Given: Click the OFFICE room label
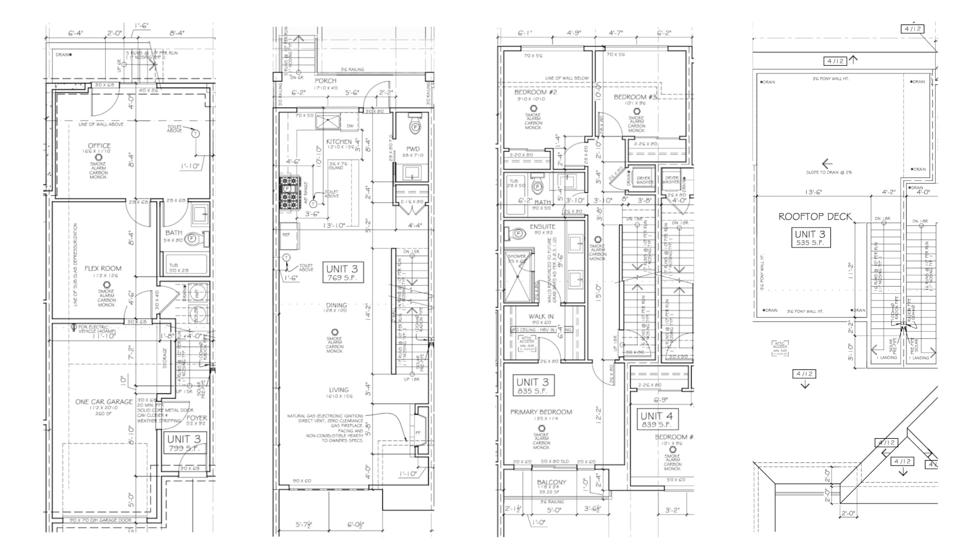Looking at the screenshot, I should pos(99,145).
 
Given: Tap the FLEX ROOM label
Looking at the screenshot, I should pos(103,268).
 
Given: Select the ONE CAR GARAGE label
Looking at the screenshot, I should pos(104,402).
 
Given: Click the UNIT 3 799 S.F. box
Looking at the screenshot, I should pos(184,443).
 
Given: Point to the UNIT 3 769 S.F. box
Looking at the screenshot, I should pos(342,273).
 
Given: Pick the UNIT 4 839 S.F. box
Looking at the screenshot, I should pos(656,419).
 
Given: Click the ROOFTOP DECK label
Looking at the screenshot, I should pos(815,216).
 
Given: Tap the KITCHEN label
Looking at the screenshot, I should pos(339,141).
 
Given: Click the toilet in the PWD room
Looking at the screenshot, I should pos(414,126).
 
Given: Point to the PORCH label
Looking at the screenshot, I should pos(325,81).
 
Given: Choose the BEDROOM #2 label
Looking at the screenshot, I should pos(535,92).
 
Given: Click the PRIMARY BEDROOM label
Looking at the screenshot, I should pos(541,412).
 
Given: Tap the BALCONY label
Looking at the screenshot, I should pos(551,482).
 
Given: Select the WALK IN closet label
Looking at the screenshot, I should pos(541,316).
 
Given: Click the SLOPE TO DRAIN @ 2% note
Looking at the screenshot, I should pos(828,172).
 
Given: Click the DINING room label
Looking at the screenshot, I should pos(336,305).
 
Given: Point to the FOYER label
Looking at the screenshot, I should pos(197,417).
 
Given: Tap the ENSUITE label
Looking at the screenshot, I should pos(542,226).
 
